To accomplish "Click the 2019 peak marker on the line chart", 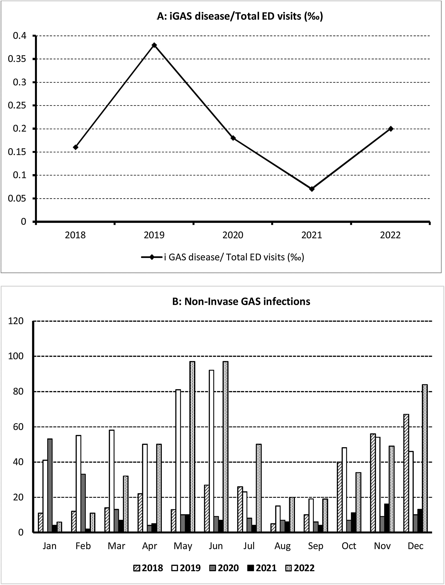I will click(x=154, y=45).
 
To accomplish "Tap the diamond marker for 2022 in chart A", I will click(x=390, y=129).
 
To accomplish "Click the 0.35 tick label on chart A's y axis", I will click(x=17, y=59).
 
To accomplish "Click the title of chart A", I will click(x=240, y=17).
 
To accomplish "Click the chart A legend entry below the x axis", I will click(x=222, y=257).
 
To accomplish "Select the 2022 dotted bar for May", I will click(x=192, y=447).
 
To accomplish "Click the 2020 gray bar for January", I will click(x=50, y=486).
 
